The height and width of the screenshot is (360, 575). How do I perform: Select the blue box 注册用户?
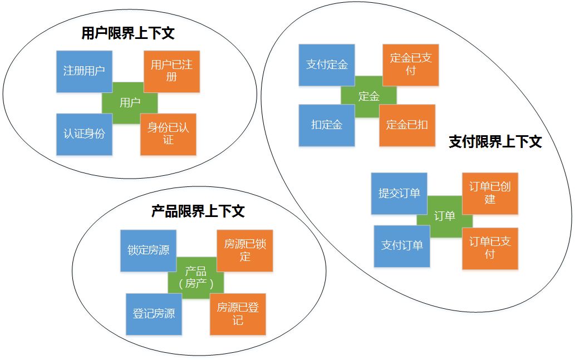coord(84,71)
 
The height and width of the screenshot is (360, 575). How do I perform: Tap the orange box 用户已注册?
coord(171,71)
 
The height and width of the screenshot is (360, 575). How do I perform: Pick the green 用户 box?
coord(130,102)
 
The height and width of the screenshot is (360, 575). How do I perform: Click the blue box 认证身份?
coord(84,134)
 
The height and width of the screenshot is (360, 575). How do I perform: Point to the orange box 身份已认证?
coord(168,134)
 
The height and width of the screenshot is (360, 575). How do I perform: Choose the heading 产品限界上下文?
coord(198,211)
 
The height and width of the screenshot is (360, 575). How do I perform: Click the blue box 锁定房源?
coord(148,250)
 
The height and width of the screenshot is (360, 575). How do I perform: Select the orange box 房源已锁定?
coord(245,250)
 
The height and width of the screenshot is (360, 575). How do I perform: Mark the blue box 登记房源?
coord(154,314)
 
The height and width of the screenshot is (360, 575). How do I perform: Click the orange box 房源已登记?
coord(238,314)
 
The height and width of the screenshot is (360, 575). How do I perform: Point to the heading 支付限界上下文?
coord(495,142)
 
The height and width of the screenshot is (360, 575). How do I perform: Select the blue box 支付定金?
coord(327,65)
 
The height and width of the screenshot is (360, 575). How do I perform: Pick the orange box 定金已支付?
coord(411,65)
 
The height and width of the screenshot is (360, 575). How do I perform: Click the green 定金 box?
coord(368,96)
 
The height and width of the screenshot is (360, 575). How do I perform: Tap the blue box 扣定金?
coord(327,125)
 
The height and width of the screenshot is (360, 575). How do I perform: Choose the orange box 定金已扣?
coord(407,125)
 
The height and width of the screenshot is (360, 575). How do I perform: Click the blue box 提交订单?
coord(399,194)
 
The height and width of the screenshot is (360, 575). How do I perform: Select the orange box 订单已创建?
coord(490,193)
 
